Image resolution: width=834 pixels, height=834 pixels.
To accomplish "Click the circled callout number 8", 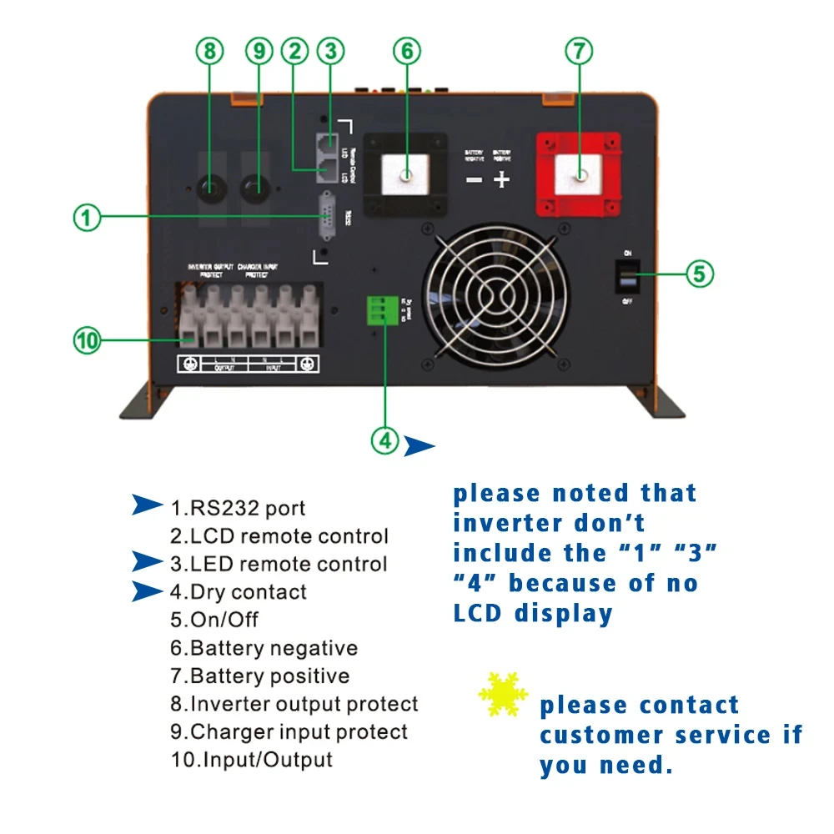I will point(209,52).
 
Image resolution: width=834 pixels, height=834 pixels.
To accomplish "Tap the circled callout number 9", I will point(259,52).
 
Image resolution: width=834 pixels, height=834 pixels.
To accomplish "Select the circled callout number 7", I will point(579,52).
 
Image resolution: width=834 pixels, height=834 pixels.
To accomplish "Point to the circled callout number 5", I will point(700,273).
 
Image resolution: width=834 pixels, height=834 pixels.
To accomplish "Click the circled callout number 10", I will point(87,340).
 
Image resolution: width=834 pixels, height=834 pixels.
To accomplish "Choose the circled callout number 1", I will point(87,219).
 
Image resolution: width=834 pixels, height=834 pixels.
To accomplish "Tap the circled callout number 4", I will point(385,440).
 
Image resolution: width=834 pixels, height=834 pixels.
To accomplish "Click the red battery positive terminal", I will point(578,176).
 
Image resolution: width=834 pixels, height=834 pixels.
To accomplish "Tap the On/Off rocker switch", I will point(626,276).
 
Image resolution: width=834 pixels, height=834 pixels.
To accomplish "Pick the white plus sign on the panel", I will point(501,179).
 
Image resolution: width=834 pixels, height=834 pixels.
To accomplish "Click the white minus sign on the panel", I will point(474,179).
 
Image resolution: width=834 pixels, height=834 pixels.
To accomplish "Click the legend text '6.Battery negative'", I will point(264,648).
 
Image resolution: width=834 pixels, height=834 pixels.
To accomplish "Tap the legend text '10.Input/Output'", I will point(251,760).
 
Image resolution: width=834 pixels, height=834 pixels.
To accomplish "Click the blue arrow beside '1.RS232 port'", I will point(148,506).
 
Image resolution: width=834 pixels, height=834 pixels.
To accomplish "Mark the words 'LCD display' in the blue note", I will point(533,613).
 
